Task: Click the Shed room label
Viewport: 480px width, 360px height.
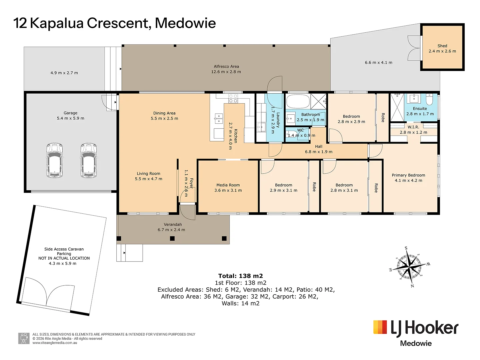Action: click(442, 46)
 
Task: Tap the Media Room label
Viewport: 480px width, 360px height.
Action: click(228, 185)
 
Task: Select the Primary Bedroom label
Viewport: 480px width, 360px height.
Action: click(408, 175)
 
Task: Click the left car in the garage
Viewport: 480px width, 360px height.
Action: click(55, 160)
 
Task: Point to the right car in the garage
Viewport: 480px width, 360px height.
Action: click(88, 160)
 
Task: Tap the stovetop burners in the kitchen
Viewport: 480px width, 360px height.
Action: click(233, 98)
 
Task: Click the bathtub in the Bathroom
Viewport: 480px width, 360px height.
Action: click(298, 101)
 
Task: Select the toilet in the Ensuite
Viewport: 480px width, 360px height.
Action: click(429, 99)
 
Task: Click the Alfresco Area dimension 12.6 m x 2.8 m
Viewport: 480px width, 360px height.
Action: click(226, 72)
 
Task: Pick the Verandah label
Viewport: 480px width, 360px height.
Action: click(173, 224)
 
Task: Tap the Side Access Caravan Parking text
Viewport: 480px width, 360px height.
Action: click(64, 251)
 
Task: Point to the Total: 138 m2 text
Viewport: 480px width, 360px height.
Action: click(241, 276)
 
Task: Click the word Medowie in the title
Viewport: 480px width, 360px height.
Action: click(185, 23)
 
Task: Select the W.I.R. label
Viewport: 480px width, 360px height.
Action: click(413, 127)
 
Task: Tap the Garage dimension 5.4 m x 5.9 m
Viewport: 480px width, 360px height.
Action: click(70, 118)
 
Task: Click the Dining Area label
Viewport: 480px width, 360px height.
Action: click(164, 113)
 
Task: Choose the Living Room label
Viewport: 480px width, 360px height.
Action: click(148, 174)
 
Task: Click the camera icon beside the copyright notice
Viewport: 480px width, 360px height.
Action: click(24, 339)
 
